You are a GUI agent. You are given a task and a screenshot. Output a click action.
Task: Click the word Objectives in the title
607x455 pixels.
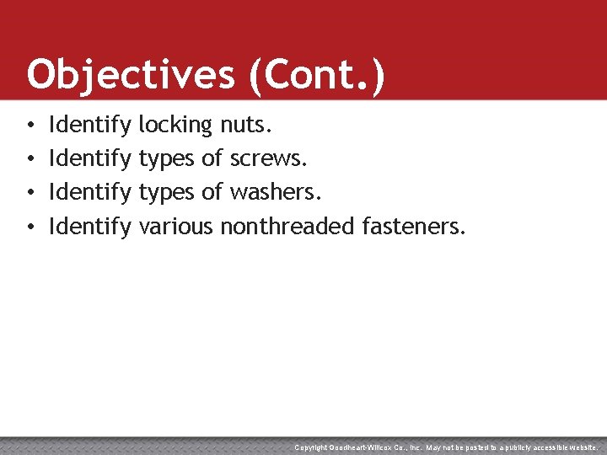click(130, 74)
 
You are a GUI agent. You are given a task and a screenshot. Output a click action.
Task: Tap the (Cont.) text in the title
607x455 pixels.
click(316, 74)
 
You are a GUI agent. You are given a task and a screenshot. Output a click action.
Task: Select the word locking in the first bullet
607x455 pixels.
click(175, 126)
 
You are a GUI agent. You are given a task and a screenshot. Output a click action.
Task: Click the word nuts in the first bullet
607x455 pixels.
click(244, 126)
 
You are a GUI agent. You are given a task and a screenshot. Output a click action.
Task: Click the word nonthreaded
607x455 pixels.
click(287, 225)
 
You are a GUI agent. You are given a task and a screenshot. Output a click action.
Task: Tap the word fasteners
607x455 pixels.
click(413, 225)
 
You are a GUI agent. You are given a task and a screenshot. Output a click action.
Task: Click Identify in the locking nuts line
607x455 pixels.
click(90, 126)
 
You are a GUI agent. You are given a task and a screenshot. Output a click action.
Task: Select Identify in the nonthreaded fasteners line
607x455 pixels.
click(90, 225)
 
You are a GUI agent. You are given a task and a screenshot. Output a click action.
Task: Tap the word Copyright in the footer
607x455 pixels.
click(312, 447)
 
